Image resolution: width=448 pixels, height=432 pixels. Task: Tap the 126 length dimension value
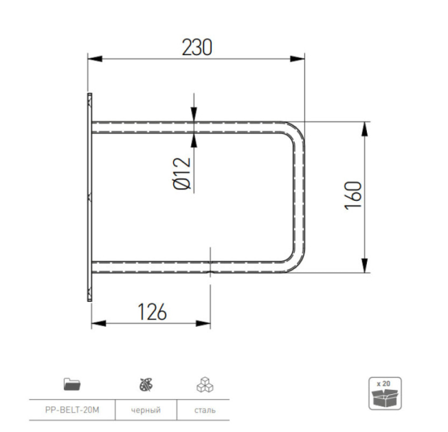152,312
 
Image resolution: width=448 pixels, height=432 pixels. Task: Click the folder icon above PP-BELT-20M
71,384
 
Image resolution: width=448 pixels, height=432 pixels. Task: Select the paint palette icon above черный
146,384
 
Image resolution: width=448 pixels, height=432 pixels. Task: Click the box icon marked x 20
385,393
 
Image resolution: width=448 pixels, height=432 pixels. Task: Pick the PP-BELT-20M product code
71,410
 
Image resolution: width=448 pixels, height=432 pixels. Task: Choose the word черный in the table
146,410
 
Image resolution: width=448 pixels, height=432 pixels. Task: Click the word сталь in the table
205,410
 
